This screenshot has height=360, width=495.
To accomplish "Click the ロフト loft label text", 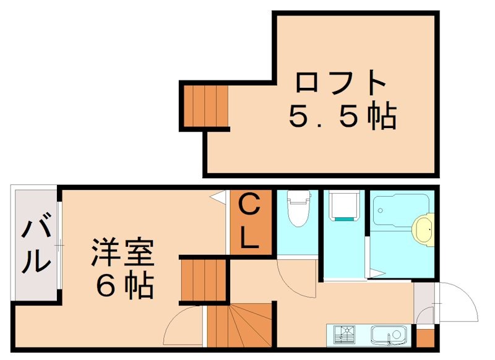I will (x=342, y=83).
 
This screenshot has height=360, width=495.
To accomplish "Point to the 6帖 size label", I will (x=124, y=285).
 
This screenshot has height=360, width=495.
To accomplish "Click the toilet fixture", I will (x=298, y=208).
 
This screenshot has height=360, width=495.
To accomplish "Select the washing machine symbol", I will (x=344, y=207).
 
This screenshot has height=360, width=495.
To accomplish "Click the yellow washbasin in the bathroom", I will (x=424, y=228).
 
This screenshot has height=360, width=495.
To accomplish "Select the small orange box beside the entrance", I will (x=424, y=338).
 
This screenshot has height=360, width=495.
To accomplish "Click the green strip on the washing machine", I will (x=344, y=218).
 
